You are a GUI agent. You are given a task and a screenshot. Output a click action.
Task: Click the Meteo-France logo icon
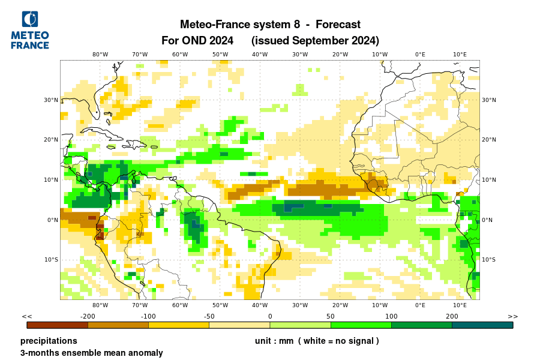[30, 19]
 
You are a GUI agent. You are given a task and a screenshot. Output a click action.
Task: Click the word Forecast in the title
[338, 25]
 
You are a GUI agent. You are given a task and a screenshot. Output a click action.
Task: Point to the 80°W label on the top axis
[100, 54]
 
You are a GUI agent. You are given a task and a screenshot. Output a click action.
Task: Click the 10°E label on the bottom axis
[460, 305]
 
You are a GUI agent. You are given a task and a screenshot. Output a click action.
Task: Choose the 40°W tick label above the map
[260, 54]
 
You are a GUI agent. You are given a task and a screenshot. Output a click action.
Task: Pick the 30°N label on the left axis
[50, 100]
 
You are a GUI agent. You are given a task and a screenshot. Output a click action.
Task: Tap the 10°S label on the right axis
[489, 260]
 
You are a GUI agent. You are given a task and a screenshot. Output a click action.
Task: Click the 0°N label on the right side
[487, 220]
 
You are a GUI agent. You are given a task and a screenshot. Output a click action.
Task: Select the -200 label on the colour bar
[88, 316]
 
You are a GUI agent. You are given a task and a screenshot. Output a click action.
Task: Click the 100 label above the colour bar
[391, 316]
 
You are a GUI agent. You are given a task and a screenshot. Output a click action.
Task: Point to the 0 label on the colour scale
[270, 316]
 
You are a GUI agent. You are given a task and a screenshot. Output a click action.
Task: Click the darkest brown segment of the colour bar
[58, 325]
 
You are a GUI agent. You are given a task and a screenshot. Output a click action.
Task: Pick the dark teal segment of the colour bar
[482, 325]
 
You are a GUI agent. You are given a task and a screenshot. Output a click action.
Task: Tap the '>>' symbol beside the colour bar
[512, 316]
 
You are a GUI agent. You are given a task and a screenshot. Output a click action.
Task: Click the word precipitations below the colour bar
[49, 341]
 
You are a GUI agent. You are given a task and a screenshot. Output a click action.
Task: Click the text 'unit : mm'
[274, 341]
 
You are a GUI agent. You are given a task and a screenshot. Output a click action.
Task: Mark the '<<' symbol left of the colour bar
[27, 316]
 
